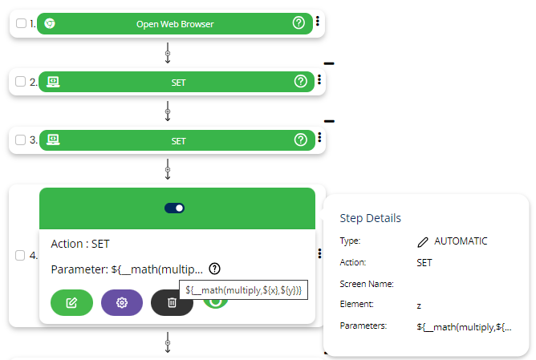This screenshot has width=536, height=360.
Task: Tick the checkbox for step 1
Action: tap(21, 24)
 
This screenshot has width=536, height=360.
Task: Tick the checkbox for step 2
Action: tap(21, 82)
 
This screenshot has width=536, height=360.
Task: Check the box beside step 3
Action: tap(21, 140)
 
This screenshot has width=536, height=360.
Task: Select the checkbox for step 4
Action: tap(21, 256)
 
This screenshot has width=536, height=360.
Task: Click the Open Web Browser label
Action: tap(175, 24)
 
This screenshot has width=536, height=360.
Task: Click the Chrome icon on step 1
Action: tap(50, 24)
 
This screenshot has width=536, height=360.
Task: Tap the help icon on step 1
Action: tap(299, 23)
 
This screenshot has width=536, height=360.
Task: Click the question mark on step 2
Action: tap(301, 82)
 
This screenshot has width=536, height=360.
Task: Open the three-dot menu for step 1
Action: tap(318, 22)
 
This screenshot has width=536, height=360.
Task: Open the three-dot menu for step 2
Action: tap(319, 80)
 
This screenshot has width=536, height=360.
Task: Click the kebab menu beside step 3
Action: tap(319, 139)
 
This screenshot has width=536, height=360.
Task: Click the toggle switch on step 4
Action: tap(175, 208)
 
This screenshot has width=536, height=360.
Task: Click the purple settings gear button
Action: tap(122, 302)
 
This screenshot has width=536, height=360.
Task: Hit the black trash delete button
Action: tap(172, 302)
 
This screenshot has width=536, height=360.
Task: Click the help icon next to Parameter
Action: tap(215, 269)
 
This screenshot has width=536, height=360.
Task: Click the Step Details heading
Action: tap(371, 218)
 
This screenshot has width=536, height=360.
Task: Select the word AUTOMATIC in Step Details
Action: tap(461, 241)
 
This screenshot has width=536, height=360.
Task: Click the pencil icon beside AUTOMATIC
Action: tap(423, 241)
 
